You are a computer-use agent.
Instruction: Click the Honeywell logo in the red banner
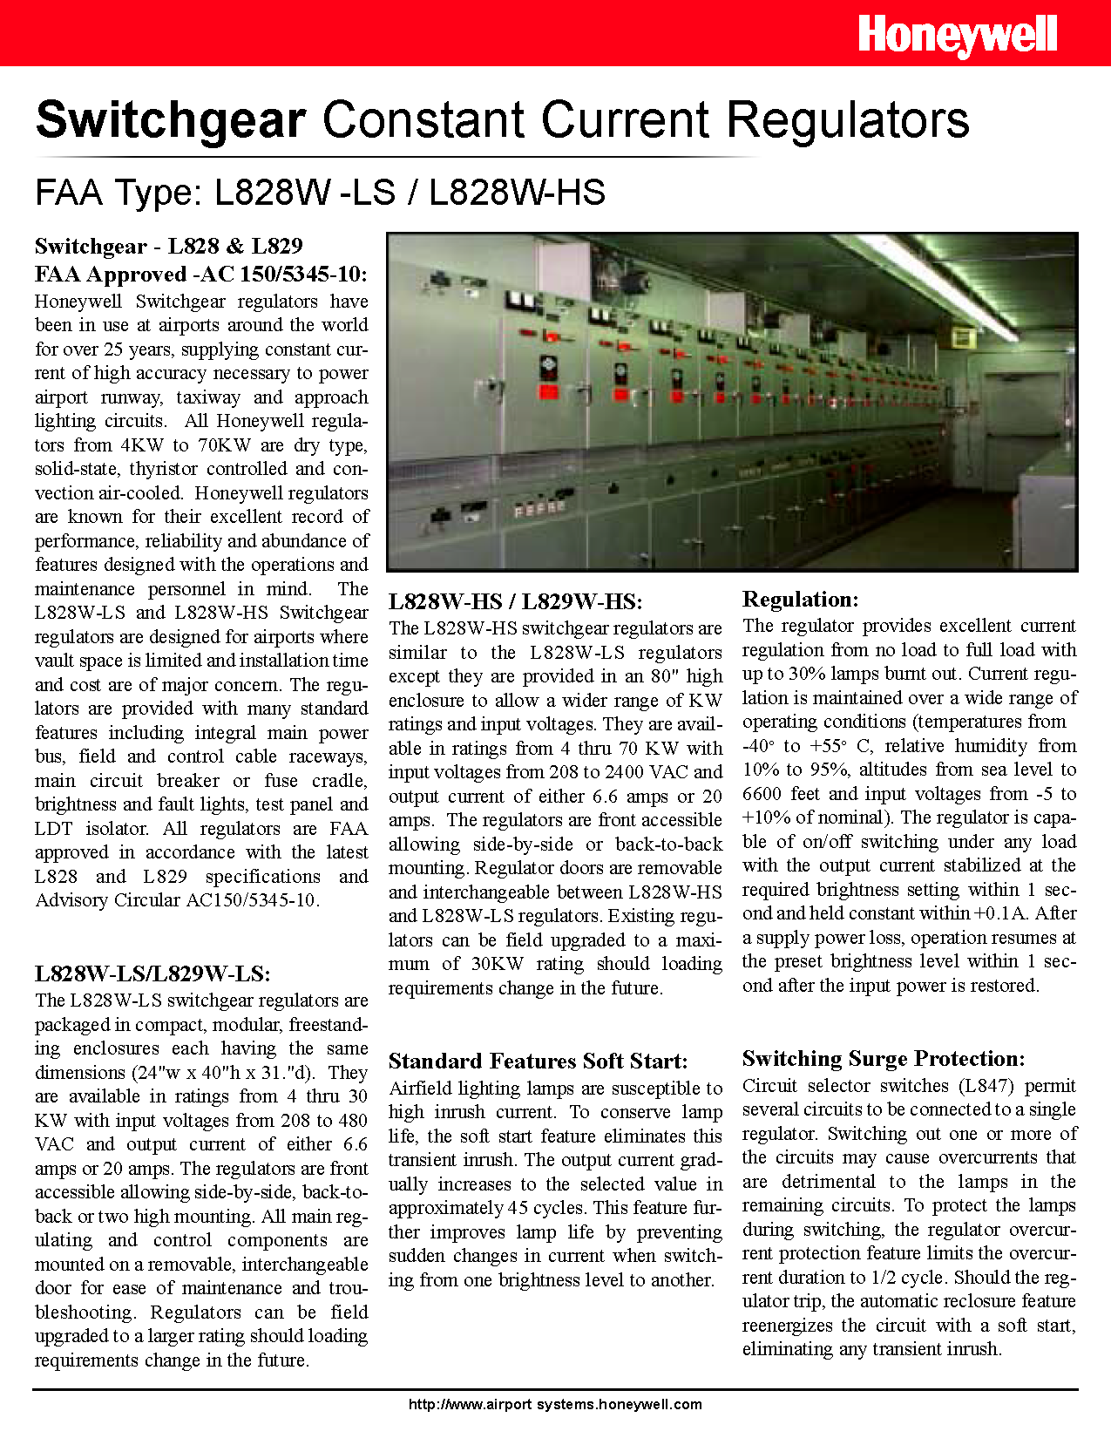coord(957,37)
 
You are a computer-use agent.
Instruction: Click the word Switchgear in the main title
coord(171,119)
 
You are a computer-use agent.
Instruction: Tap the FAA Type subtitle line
coord(320,192)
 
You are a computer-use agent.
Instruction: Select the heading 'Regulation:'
coord(800,600)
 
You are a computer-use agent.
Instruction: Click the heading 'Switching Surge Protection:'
coord(883,1059)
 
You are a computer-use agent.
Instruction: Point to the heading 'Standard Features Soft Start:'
coord(538,1062)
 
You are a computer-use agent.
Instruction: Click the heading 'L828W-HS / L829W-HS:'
coord(515,602)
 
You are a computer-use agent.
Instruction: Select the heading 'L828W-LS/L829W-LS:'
coord(152,974)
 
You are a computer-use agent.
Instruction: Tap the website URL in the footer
coord(555,1404)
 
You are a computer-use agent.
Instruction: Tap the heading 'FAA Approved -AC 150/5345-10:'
coord(200,275)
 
